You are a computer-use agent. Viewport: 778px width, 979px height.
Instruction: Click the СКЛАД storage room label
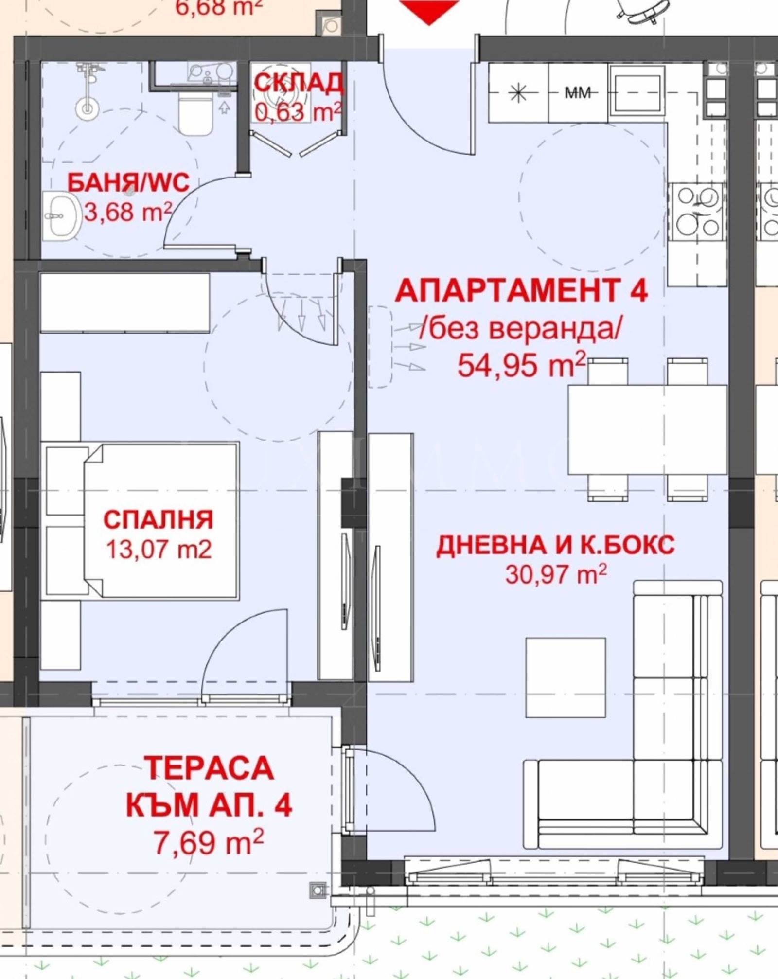click(298, 83)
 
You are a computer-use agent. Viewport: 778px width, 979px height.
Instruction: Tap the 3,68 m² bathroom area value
click(128, 213)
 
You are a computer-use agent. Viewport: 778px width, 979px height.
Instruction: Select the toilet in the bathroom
click(195, 115)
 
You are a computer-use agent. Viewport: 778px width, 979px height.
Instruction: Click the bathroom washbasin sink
click(61, 215)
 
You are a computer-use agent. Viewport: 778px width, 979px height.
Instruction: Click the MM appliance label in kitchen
click(578, 92)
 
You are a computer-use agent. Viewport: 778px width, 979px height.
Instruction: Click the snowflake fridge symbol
click(518, 92)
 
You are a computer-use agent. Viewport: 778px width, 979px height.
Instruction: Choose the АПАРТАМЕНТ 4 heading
click(521, 291)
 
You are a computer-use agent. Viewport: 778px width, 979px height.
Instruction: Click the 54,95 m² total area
click(521, 365)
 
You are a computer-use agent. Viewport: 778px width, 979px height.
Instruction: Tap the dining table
click(647, 430)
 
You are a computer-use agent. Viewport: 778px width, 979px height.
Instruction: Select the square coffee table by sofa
click(566, 677)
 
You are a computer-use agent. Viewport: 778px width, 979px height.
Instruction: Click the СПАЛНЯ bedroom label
click(159, 519)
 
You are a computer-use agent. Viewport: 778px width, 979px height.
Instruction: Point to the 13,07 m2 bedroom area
click(159, 550)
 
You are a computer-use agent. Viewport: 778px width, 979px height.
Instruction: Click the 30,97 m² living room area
click(556, 575)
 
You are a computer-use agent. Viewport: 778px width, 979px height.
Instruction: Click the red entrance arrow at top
click(429, 11)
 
